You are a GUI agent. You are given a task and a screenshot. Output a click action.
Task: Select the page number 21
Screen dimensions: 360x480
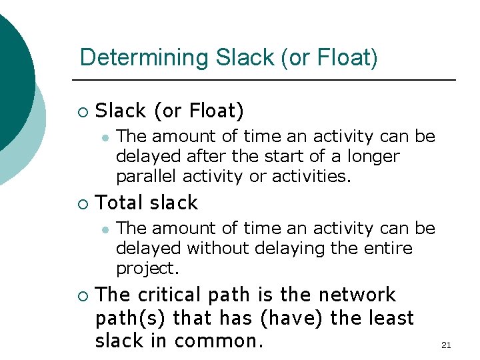[446, 345]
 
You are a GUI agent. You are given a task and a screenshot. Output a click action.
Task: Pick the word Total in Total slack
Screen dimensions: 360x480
[120, 203]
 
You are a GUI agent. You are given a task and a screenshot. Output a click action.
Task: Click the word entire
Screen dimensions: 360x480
[389, 249]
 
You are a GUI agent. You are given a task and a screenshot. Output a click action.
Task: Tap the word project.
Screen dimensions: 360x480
[148, 269]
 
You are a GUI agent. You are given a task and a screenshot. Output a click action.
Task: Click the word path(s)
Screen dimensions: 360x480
[131, 318]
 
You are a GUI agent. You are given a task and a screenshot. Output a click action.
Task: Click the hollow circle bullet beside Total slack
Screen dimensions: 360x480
[82, 203]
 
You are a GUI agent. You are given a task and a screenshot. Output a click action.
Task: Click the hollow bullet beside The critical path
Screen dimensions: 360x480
[82, 295]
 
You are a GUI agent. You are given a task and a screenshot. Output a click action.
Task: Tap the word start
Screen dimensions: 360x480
[270, 157]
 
